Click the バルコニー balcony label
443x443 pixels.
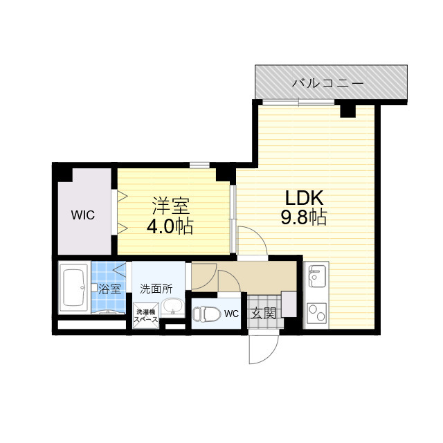point(327,83)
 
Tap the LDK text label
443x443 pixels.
point(304,198)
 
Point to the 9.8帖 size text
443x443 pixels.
point(304,217)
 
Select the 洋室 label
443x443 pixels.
point(170,206)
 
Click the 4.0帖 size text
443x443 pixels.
point(170,226)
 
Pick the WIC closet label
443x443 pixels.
point(83,215)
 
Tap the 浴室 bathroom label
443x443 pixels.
point(109,289)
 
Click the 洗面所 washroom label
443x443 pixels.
point(156,289)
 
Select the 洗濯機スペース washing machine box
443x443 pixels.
point(146,316)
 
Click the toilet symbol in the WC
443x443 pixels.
point(206,314)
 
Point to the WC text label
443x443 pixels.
point(231,314)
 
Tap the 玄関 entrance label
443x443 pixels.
point(264,314)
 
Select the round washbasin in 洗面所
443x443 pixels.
point(172,307)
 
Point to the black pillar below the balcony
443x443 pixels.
point(347,111)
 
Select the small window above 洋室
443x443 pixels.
point(199,165)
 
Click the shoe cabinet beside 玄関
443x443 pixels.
point(289,304)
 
